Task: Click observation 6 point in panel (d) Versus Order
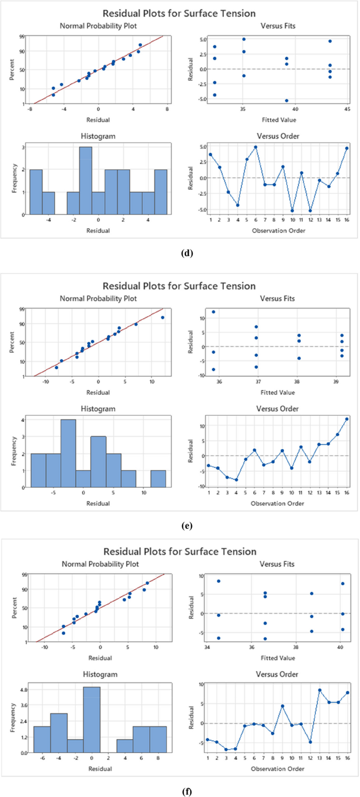(x=255, y=147)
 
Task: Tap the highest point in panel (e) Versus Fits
(x=213, y=312)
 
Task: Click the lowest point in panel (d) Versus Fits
(x=286, y=100)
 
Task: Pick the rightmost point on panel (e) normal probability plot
(x=162, y=318)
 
